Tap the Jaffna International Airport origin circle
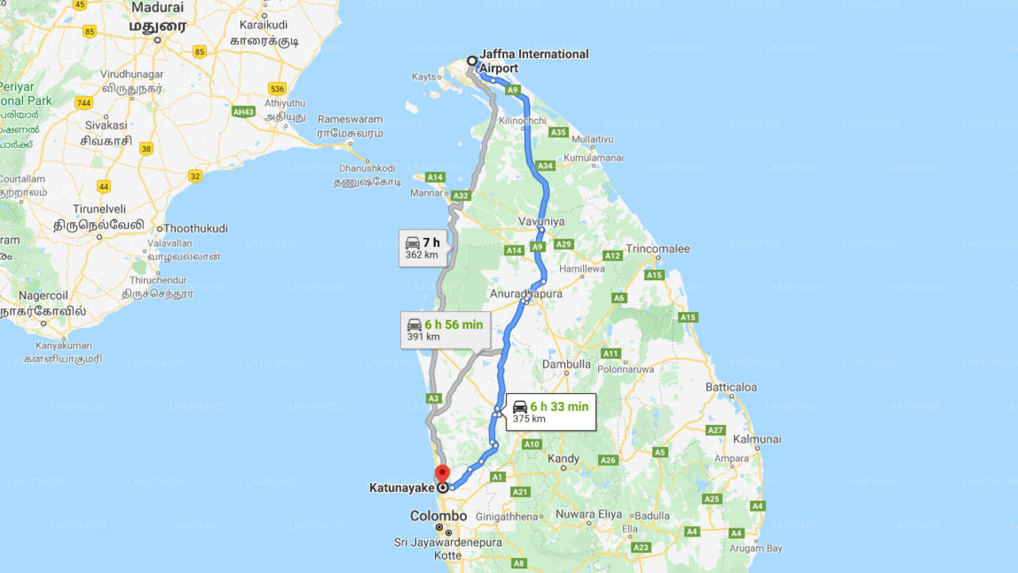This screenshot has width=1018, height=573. pos(472,60)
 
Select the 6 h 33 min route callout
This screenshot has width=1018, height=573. pos(550,411)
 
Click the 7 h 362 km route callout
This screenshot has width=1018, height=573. pos(422,248)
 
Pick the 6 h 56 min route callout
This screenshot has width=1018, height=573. pos(445,329)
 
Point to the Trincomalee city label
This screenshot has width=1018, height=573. pos(658,248)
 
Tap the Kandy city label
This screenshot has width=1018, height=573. pos(564,458)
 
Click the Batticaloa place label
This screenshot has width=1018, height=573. pos(731,387)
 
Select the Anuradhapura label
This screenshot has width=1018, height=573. pos(526,294)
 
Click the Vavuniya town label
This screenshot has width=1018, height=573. pos(541,220)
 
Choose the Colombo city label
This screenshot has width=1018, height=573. pos(438,516)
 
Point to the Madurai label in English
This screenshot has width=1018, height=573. pos(157,7)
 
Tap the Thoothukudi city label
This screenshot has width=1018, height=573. pos(196,228)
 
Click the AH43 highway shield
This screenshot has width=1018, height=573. pos(243,111)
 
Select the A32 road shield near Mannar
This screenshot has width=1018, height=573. pos(460,195)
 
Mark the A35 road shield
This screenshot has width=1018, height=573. pos(558,132)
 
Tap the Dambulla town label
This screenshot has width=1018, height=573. pos(566,364)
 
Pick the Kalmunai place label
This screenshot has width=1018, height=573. pos(757,439)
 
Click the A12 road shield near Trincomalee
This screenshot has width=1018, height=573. pos(612,255)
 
